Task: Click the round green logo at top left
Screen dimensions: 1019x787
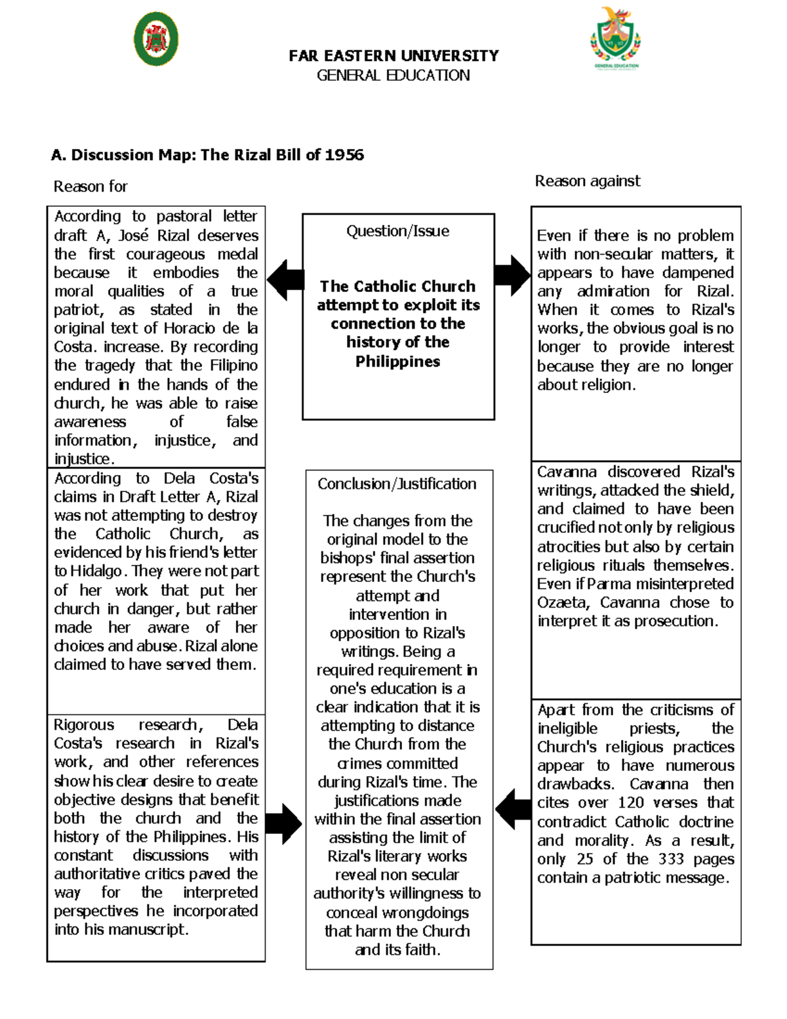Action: [156, 39]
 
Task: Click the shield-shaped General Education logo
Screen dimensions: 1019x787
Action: [615, 37]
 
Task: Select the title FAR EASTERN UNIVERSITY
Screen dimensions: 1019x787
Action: [393, 56]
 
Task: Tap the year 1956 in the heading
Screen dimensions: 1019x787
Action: [344, 155]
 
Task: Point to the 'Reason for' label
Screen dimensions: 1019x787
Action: [91, 186]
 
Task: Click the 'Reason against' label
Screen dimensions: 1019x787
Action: [587, 181]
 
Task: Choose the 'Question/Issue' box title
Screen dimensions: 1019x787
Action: [397, 231]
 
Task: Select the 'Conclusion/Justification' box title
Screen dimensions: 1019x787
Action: [397, 484]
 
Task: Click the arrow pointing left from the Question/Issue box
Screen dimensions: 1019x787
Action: [285, 280]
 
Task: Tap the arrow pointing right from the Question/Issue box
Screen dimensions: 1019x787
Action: [512, 275]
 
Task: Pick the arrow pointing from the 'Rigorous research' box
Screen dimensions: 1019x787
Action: [283, 823]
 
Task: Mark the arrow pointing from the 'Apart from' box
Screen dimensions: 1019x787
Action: [513, 809]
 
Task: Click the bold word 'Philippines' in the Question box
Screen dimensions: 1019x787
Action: [397, 361]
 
